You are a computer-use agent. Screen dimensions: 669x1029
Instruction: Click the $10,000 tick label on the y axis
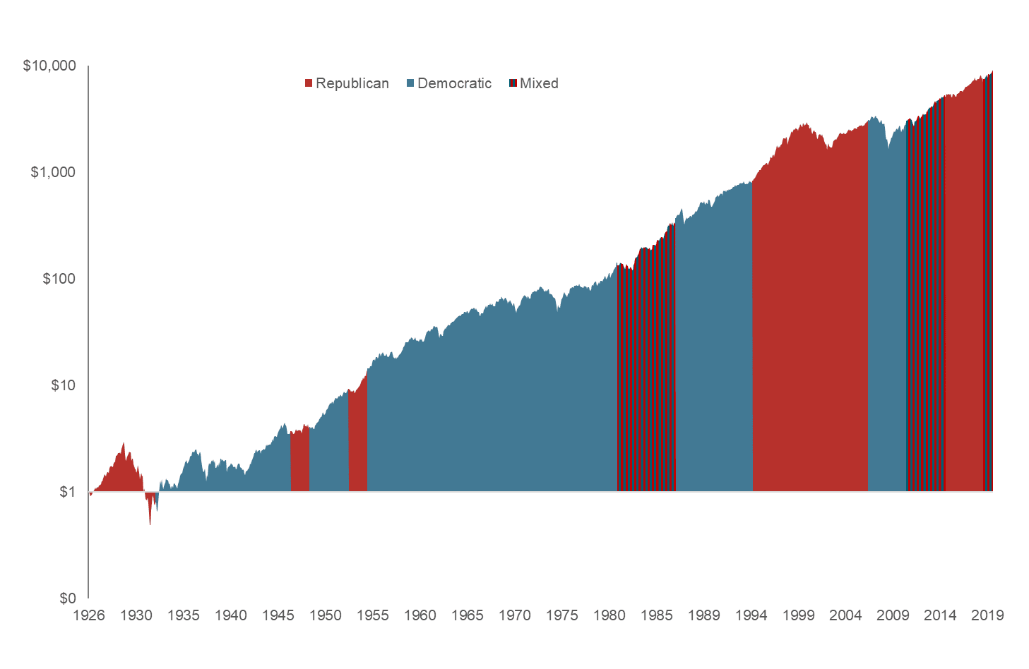click(x=49, y=66)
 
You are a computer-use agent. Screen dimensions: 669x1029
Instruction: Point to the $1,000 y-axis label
click(x=53, y=172)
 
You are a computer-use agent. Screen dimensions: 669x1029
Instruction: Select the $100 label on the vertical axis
click(x=59, y=279)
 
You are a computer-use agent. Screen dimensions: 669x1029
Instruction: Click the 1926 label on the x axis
click(x=89, y=615)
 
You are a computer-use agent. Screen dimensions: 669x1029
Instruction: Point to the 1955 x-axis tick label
click(x=372, y=615)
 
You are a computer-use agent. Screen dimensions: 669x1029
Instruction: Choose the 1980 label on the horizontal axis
click(x=609, y=615)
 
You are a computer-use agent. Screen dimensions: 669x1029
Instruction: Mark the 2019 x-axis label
click(x=987, y=615)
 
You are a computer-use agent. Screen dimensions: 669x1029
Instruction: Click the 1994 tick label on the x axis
click(x=751, y=615)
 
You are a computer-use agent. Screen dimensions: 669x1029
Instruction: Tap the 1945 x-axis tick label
click(x=278, y=615)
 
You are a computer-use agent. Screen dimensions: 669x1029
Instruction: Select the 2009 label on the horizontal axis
click(x=893, y=615)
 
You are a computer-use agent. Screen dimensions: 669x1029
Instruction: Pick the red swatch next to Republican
click(x=309, y=83)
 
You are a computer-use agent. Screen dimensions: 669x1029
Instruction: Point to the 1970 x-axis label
click(x=514, y=615)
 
